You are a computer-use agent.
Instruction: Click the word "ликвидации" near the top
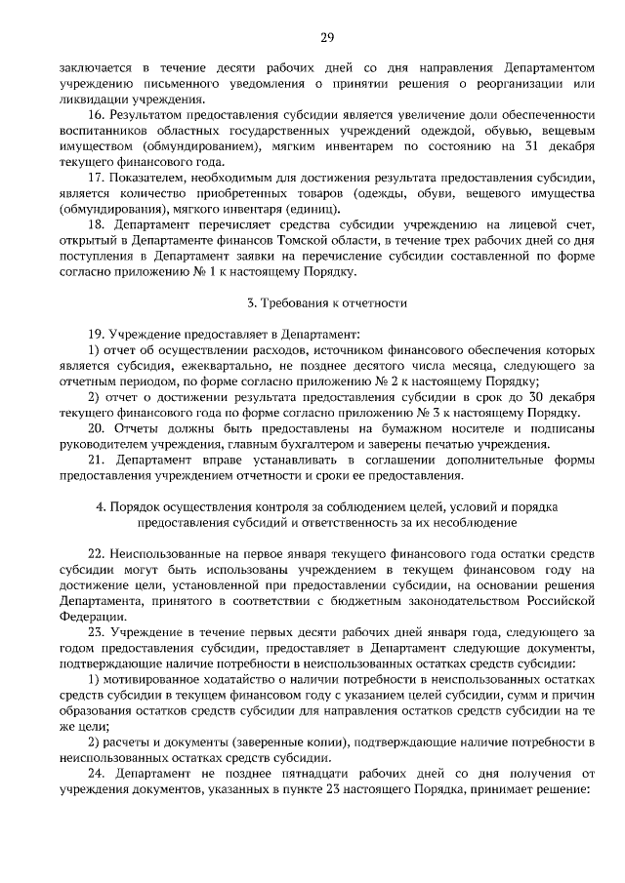tap(91, 99)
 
